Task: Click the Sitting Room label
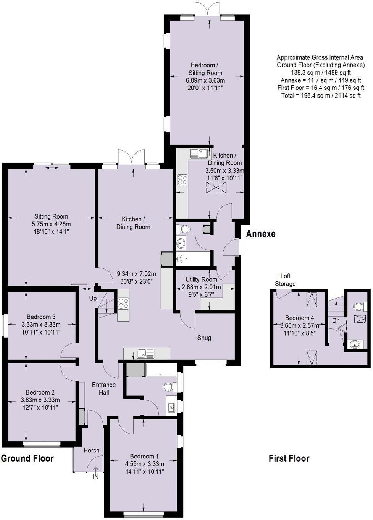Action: [51, 216]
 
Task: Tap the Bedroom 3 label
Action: [41, 317]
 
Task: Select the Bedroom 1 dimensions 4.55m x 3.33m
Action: [144, 464]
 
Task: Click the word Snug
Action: [204, 338]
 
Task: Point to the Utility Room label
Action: [201, 279]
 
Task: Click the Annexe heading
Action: [260, 234]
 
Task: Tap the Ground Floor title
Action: [27, 458]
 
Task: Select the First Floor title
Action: [289, 458]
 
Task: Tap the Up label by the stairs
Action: [93, 298]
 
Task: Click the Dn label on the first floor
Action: [336, 321]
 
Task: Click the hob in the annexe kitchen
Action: [181, 180]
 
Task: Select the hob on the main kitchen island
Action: [123, 303]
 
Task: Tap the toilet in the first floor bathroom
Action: [357, 306]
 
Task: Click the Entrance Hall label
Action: [103, 389]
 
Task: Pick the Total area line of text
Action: [320, 96]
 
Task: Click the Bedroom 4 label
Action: [299, 318]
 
